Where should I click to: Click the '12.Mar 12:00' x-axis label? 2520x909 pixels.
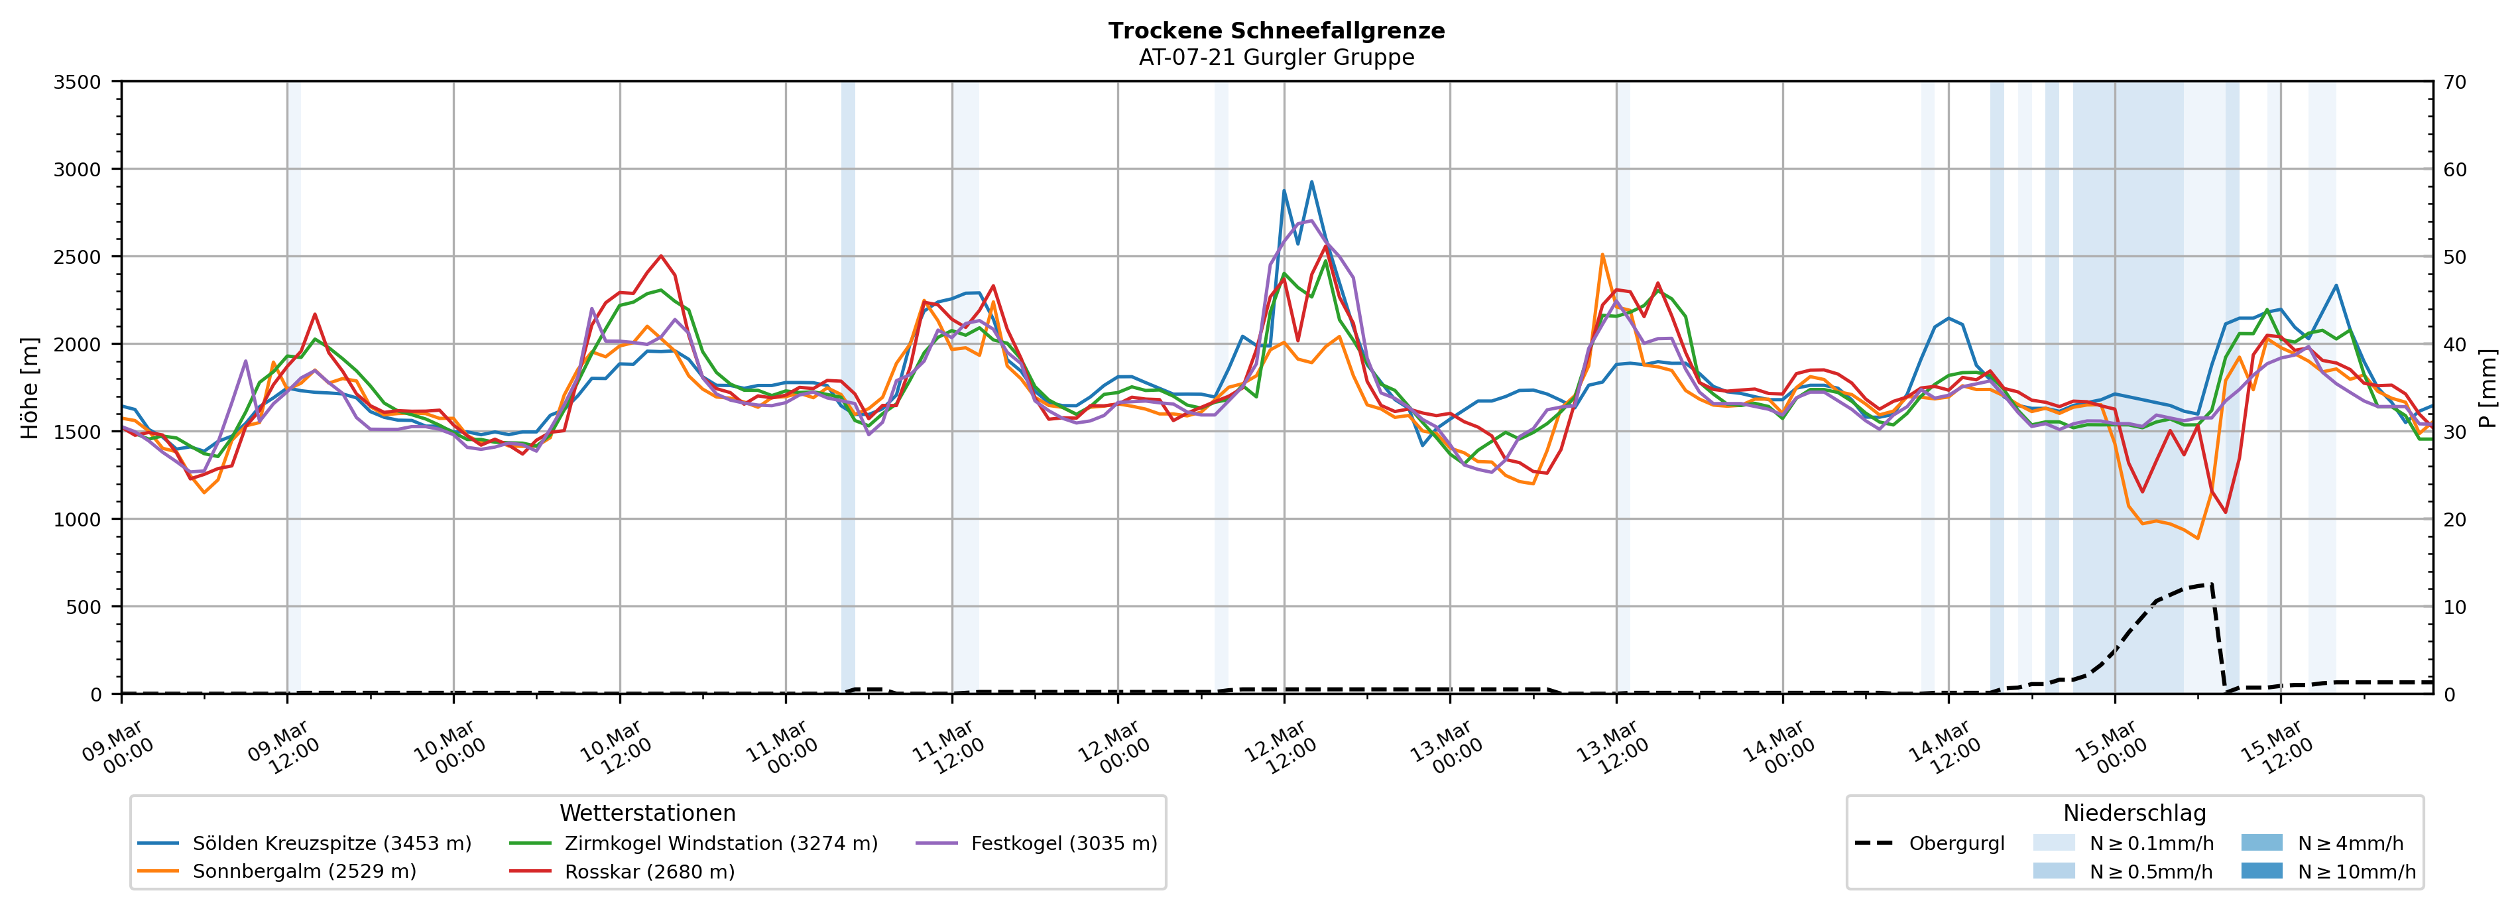pyautogui.click(x=1282, y=749)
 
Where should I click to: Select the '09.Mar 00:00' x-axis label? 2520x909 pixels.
pyautogui.click(x=119, y=749)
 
